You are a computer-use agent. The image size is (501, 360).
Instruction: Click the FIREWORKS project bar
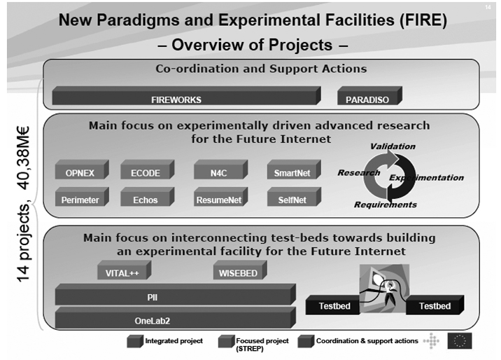tap(186, 95)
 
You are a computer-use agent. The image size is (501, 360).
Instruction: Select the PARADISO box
tap(369, 95)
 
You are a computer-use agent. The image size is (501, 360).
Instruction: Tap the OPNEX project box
tap(82, 169)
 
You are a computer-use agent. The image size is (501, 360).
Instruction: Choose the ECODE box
tap(148, 169)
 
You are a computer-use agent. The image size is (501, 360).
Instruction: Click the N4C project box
tap(221, 169)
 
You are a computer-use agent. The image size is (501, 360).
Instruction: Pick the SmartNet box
tap(294, 169)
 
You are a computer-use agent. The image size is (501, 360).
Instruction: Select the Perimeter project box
tap(82, 197)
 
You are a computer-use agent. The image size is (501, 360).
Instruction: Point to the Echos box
tap(148, 197)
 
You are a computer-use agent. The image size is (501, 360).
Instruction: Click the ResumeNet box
tap(221, 197)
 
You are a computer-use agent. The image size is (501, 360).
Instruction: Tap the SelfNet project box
tap(294, 197)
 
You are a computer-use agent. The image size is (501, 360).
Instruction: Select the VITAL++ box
tap(125, 270)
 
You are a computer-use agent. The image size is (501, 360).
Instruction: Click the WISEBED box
tap(240, 270)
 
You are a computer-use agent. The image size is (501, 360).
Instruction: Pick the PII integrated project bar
tap(176, 294)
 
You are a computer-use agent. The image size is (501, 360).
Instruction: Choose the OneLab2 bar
tap(176, 317)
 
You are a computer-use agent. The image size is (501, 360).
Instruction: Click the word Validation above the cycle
tap(393, 146)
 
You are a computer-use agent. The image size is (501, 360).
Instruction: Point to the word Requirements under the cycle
tap(386, 205)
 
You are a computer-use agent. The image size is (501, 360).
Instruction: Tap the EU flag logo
tap(460, 341)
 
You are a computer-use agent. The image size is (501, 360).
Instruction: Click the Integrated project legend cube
tap(135, 341)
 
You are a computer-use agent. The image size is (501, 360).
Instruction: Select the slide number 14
tap(488, 7)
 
